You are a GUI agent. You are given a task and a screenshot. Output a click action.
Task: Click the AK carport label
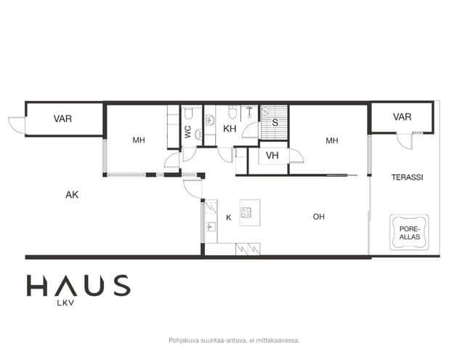tap(72, 195)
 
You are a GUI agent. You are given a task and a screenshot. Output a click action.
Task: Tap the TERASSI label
tap(407, 177)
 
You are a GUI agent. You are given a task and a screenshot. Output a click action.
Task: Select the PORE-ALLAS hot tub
tap(409, 232)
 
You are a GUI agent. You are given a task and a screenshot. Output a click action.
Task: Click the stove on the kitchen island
tap(246, 212)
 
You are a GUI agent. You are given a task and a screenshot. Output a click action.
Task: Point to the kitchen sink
tap(211, 228)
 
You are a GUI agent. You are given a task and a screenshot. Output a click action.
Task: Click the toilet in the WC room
tap(189, 113)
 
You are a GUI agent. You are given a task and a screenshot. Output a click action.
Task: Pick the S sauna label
tap(275, 122)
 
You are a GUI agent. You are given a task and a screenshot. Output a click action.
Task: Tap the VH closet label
tap(272, 155)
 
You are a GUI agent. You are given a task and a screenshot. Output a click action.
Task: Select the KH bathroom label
tap(230, 129)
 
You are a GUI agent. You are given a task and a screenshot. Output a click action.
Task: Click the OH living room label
tap(318, 217)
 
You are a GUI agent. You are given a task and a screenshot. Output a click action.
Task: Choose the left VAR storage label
tap(62, 119)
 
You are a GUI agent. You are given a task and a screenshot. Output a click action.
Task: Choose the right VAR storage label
tap(402, 117)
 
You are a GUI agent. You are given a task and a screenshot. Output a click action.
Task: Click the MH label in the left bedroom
tap(139, 140)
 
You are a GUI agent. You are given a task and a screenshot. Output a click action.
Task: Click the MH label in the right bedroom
tap(332, 140)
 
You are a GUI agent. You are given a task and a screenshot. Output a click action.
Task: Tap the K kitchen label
tap(228, 217)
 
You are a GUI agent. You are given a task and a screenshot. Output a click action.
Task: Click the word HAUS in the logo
tap(78, 286)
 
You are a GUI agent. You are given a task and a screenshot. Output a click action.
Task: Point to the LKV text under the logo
tap(66, 303)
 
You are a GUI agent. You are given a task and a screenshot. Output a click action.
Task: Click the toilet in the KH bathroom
tap(232, 112)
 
